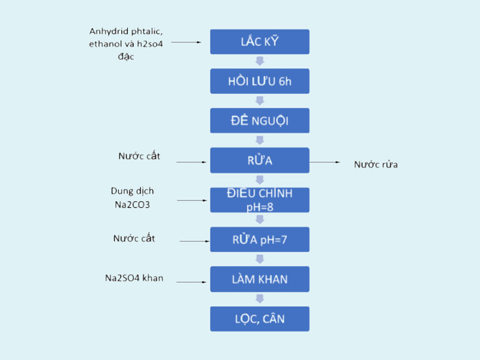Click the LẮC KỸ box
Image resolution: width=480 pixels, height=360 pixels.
[259, 42]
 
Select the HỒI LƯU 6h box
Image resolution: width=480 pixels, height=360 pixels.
[259, 81]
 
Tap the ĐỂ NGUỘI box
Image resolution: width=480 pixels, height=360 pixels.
[259, 121]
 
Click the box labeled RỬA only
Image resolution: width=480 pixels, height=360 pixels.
[259, 160]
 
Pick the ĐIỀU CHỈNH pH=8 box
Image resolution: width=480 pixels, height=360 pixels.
[259, 200]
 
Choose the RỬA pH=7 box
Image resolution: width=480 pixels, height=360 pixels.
[259, 240]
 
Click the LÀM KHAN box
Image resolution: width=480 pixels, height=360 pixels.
[259, 279]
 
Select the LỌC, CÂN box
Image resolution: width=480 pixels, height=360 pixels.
[259, 319]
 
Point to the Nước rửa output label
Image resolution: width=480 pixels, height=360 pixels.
[376, 164]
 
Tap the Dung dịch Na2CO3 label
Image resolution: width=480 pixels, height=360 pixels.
[132, 197]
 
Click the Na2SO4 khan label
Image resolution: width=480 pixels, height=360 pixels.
[134, 278]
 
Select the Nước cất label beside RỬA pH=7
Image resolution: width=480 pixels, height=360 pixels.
[134, 238]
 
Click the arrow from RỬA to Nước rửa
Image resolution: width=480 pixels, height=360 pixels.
[325, 162]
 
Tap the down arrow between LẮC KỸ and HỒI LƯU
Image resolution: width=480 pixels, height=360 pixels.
[259, 61]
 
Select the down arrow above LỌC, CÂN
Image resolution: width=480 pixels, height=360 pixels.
[259, 299]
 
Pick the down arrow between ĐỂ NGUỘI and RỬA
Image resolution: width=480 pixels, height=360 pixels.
[259, 140]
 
